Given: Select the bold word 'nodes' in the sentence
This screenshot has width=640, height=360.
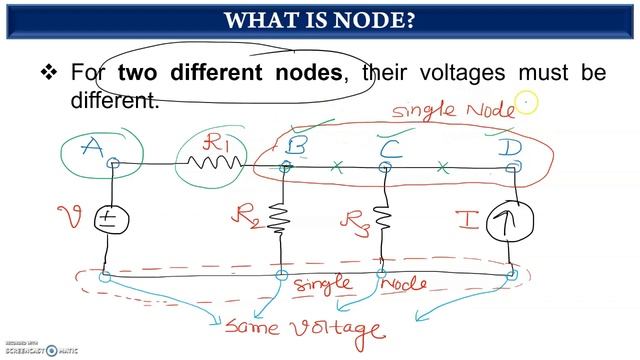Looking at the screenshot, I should [300, 73].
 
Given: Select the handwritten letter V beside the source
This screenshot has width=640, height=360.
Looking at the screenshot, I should [71, 215].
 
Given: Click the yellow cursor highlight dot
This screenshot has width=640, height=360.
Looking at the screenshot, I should [526, 102].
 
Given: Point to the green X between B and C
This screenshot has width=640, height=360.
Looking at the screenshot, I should [337, 167].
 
